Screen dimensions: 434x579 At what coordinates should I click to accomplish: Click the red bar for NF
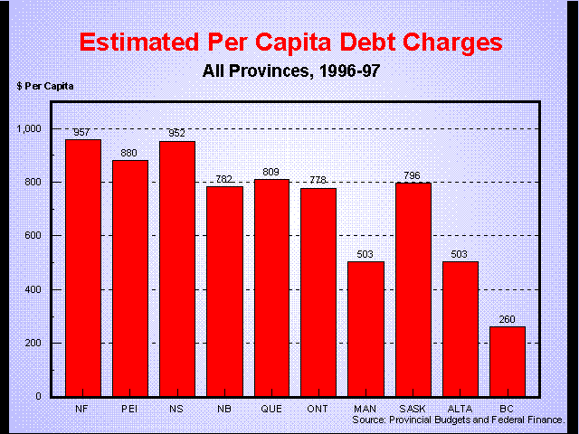coord(83,268)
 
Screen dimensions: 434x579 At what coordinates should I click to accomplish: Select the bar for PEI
coord(130,278)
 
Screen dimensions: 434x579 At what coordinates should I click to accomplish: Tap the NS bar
coord(177,269)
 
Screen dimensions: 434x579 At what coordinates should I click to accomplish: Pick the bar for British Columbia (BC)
coord(507,361)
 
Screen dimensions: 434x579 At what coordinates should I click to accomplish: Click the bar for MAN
coord(365,328)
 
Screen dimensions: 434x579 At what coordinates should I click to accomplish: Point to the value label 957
coord(83,132)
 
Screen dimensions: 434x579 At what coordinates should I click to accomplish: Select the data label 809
coord(271,171)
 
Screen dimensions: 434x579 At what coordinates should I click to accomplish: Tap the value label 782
coord(224,178)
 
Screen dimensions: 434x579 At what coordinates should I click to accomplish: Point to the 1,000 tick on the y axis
coord(30,128)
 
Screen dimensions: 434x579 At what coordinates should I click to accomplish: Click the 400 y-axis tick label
coord(33,289)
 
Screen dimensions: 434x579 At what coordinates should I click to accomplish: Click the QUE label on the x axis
coord(271,408)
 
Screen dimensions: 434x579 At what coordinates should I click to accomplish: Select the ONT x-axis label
coord(318,408)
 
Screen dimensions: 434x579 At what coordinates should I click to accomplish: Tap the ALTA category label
coord(460,408)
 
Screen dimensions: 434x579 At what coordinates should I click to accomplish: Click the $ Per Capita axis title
coord(45,86)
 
